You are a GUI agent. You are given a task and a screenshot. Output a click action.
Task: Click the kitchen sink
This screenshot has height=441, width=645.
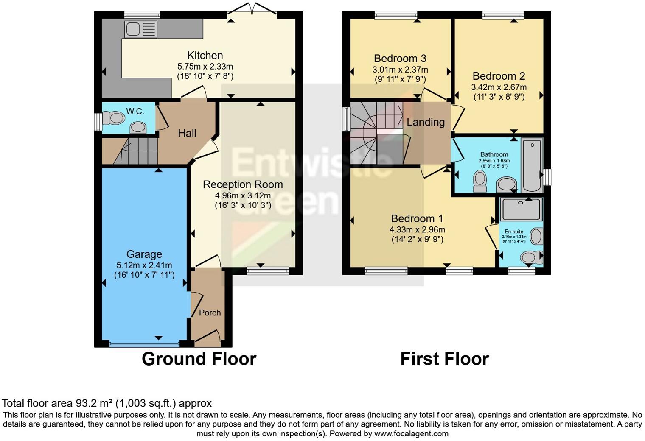[x=141, y=29]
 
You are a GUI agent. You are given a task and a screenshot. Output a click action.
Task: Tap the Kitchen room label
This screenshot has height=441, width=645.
[x=205, y=56]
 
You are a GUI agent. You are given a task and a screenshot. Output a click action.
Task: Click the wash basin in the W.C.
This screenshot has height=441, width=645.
[x=137, y=127]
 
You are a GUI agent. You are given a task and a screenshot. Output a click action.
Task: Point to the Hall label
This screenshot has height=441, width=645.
[x=187, y=133]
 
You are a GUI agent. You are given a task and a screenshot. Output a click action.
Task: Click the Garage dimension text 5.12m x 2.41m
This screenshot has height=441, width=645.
[x=144, y=265]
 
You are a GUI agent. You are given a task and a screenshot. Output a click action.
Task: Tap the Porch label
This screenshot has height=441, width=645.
[x=210, y=313]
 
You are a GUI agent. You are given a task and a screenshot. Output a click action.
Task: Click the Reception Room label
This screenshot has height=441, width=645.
[x=243, y=185]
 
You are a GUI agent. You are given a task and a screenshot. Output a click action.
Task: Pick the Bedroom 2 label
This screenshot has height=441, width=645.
[x=499, y=76]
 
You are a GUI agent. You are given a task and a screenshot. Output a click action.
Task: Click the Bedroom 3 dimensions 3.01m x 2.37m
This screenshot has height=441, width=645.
[x=400, y=70]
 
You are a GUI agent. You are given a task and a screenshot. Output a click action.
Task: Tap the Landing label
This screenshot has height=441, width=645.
[x=426, y=122]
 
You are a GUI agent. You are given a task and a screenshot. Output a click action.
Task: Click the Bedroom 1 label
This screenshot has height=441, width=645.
[x=417, y=219]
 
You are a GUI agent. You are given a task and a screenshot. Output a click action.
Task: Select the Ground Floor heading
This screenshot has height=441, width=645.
[x=199, y=359]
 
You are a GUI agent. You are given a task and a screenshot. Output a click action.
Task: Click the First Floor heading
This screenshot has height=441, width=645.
[x=444, y=359]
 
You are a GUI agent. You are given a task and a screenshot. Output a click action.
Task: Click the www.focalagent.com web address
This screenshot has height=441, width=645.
[x=411, y=434]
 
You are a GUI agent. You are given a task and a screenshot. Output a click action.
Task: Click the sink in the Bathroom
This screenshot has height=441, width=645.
[x=507, y=185]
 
